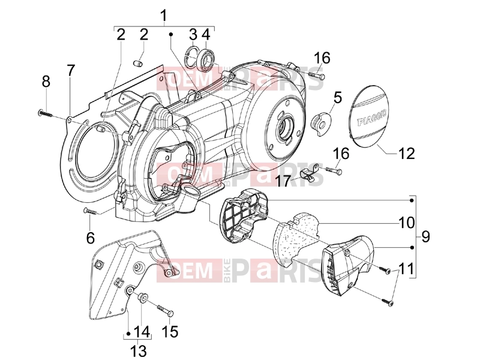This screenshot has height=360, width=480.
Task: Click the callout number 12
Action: point(406,153)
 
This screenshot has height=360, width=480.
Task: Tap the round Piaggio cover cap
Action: point(370,117)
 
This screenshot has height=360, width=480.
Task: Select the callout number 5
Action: point(337,98)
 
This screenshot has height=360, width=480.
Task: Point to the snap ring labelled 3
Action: point(191,56)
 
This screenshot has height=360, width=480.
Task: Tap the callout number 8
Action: point(46,82)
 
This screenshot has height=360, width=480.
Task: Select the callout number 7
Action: point(71,71)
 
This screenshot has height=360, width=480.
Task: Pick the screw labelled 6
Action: point(91,211)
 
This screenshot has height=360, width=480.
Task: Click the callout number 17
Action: point(283,181)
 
